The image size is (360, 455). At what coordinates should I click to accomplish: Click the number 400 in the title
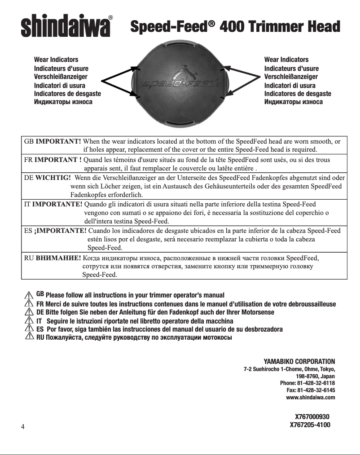(236, 27)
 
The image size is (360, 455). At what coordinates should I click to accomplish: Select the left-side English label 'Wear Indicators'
(56, 60)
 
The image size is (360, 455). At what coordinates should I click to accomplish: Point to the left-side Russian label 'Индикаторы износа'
(63, 102)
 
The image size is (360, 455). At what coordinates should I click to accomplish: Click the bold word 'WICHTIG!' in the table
(51, 178)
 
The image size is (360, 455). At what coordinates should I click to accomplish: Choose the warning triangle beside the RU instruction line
(29, 337)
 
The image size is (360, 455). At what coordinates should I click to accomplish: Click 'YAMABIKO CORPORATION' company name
(299, 361)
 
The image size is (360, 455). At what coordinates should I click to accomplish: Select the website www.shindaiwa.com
(310, 398)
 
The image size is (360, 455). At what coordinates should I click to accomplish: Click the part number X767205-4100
(310, 424)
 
